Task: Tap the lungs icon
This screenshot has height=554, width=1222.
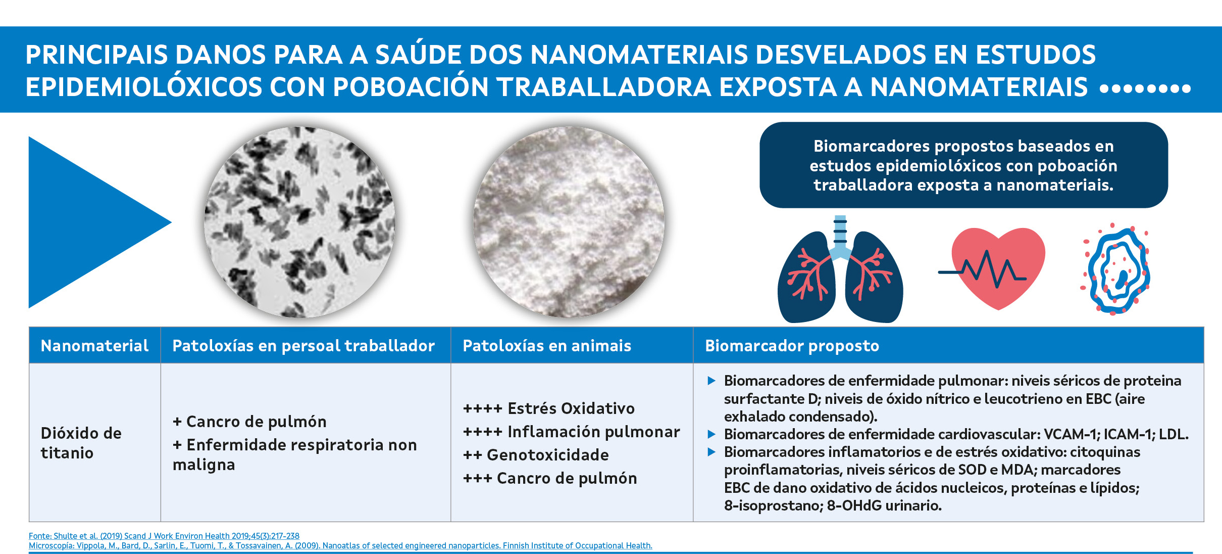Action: pyautogui.click(x=840, y=269)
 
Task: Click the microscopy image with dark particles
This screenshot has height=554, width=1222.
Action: pyautogui.click(x=299, y=222)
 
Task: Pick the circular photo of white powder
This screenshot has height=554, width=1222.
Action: pyautogui.click(x=569, y=222)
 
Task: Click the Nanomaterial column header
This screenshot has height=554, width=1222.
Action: pyautogui.click(x=94, y=346)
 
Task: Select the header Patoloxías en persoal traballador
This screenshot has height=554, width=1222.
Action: pyautogui.click(x=303, y=346)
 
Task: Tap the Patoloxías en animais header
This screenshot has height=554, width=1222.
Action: pyautogui.click(x=547, y=346)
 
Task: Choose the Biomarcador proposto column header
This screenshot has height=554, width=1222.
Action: pyautogui.click(x=792, y=346)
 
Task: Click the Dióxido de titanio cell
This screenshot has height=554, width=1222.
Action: pyautogui.click(x=81, y=443)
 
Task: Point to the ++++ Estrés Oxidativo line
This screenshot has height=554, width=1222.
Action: pyautogui.click(x=548, y=408)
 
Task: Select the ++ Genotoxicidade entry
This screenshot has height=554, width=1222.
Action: pyautogui.click(x=536, y=455)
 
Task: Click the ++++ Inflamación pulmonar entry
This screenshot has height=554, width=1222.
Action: pyautogui.click(x=571, y=432)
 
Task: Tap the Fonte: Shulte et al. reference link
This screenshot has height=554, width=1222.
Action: pyautogui.click(x=164, y=536)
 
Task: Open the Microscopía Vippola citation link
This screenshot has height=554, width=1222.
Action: pyautogui.click(x=340, y=545)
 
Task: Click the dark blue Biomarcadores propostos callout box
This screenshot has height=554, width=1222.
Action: pyautogui.click(x=963, y=165)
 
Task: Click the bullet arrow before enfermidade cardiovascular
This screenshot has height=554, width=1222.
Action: pyautogui.click(x=711, y=434)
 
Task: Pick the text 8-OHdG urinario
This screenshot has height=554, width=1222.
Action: pyautogui.click(x=884, y=505)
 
